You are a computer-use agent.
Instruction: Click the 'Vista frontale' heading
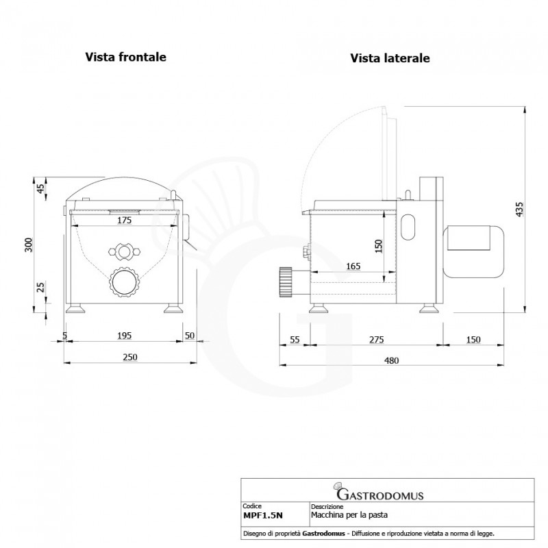(x=126, y=57)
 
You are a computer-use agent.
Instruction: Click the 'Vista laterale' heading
(x=390, y=58)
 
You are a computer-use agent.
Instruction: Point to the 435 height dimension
(x=520, y=209)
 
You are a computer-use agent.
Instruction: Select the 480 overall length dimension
(x=391, y=360)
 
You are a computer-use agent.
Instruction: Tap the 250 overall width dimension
(x=130, y=357)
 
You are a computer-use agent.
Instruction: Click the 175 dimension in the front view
(x=124, y=220)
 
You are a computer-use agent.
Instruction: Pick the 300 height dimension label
(x=29, y=245)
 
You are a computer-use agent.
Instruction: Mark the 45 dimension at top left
(x=41, y=189)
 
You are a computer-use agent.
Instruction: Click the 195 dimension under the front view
(x=124, y=336)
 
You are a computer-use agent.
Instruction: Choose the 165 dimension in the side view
(x=353, y=266)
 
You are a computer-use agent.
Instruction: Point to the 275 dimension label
(x=377, y=339)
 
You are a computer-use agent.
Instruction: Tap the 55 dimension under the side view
(x=295, y=339)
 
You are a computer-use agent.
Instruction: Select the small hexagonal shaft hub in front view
(x=125, y=251)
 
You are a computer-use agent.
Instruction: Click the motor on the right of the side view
(x=473, y=252)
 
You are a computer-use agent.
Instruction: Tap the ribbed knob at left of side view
(x=285, y=282)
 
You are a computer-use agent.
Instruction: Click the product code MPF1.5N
(x=263, y=515)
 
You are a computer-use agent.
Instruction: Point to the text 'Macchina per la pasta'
(x=349, y=515)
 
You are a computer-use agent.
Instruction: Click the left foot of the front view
(x=75, y=309)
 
